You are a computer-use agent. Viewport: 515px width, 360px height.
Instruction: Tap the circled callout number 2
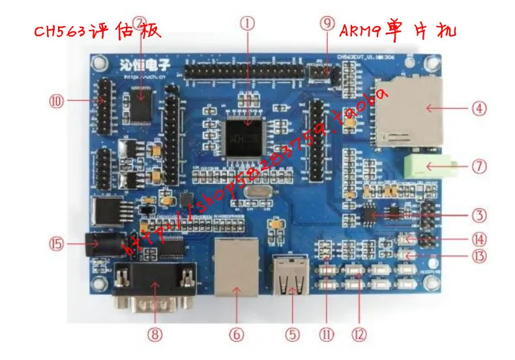140,23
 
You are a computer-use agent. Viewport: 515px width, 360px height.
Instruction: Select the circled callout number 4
480,108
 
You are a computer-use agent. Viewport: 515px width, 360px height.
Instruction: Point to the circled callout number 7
480,166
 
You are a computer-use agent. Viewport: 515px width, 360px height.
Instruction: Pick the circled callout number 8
154,334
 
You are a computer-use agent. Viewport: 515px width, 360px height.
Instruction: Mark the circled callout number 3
480,215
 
